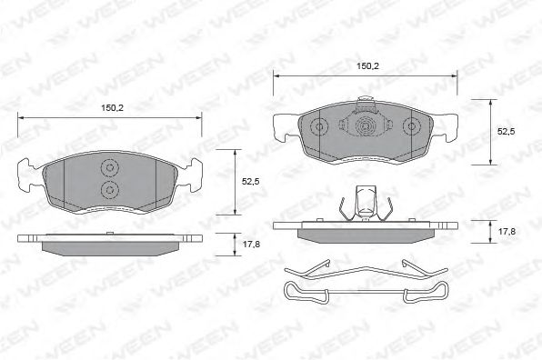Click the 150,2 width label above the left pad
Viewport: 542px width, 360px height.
coord(112,108)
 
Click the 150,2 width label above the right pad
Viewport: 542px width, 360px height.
coord(367,66)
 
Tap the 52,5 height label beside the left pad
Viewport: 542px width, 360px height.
coord(250,182)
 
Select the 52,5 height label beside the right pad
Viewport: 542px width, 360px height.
coord(506,131)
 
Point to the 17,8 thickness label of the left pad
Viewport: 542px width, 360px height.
coord(251,245)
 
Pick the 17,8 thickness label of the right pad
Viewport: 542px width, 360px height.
coord(507,231)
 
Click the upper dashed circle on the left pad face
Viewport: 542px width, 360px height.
coord(109,168)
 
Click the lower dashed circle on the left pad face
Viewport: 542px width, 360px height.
coord(109,189)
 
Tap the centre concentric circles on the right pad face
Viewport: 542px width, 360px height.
coord(365,126)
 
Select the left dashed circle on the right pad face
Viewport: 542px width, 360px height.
coord(319,126)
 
